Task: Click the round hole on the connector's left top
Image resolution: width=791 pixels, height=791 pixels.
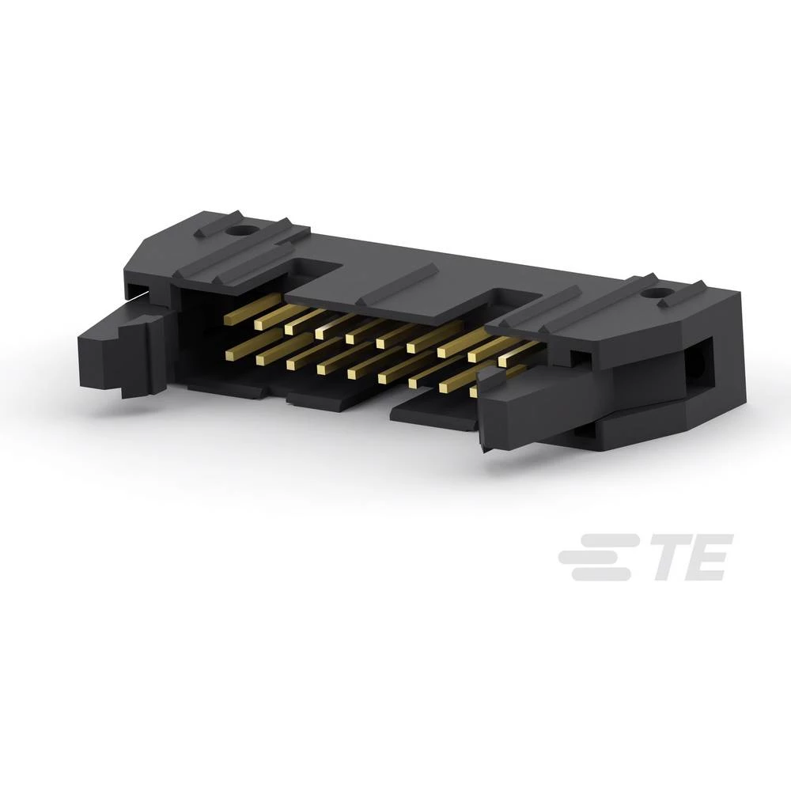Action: point(239,233)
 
